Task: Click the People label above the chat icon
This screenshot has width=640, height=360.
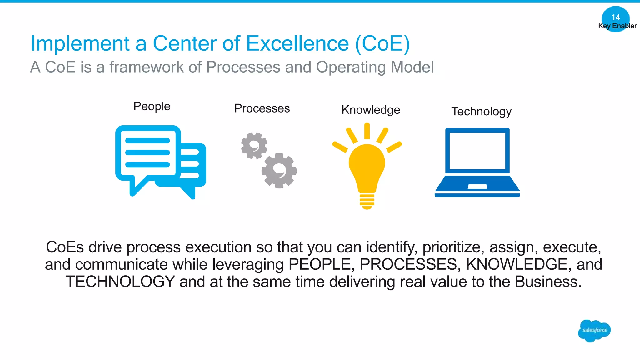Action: [x=152, y=106]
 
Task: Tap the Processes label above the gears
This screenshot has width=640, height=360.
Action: [x=262, y=108]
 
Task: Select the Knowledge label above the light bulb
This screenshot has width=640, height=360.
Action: [x=371, y=110]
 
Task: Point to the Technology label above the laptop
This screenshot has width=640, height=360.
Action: [x=481, y=111]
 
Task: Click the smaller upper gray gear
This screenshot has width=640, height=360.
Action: [x=254, y=146]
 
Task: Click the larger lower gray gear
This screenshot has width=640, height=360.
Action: [x=279, y=171]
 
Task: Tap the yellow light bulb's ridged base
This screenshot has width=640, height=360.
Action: [x=367, y=201]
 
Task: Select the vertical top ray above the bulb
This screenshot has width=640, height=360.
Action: [x=367, y=131]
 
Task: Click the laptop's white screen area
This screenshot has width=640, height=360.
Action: [x=477, y=151]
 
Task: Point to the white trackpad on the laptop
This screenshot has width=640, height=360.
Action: [x=477, y=187]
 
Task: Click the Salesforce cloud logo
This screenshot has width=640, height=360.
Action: [x=594, y=331]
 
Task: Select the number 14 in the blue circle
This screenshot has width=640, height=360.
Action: [x=616, y=17]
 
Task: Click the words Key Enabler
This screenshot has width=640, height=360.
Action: [x=617, y=26]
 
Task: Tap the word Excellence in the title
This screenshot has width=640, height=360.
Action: [x=297, y=43]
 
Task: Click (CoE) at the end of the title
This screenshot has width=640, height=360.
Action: [x=382, y=43]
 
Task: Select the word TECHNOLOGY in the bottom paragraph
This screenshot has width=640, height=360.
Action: [x=120, y=282]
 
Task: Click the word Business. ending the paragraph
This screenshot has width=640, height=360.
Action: [x=548, y=282]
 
